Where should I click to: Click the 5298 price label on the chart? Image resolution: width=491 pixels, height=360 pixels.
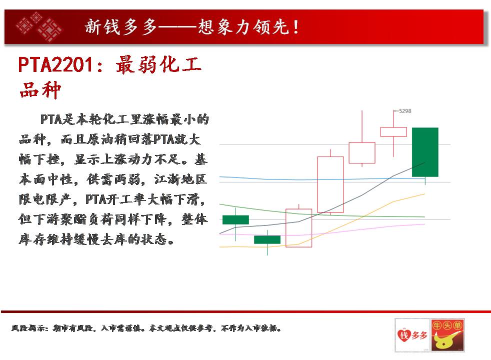(x=405, y=111)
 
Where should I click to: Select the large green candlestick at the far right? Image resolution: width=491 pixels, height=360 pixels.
(x=425, y=152)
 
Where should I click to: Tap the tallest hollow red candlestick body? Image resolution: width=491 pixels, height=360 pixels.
(x=330, y=184)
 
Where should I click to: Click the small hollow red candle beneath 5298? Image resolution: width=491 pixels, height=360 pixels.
(x=393, y=132)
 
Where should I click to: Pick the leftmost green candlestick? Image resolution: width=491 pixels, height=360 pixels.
(x=236, y=220)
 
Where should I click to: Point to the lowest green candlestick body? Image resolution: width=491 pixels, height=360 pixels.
(x=267, y=240)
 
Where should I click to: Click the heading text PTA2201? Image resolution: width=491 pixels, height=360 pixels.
(x=55, y=65)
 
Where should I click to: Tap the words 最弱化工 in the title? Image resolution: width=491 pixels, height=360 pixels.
(x=158, y=65)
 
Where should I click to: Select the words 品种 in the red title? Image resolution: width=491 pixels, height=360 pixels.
(x=40, y=90)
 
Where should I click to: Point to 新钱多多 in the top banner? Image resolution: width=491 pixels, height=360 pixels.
(x=120, y=26)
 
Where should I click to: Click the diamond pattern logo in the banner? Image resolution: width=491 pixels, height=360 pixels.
(x=39, y=26)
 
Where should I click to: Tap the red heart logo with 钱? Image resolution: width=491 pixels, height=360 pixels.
(x=412, y=335)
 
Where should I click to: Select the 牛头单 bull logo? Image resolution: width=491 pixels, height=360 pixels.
(x=447, y=335)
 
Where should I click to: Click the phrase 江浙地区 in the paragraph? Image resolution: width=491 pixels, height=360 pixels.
(x=180, y=179)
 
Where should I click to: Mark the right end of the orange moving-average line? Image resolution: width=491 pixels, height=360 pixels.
(x=424, y=194)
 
